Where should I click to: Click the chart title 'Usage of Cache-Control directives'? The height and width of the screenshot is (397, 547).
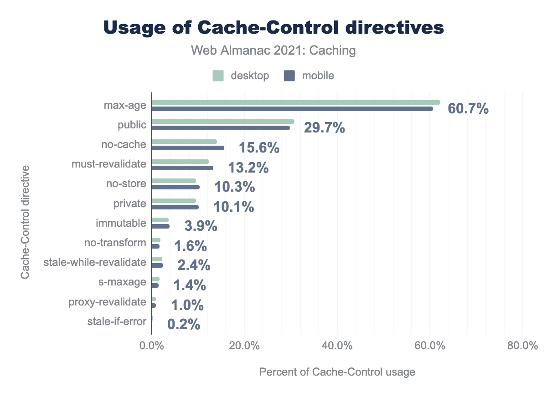pyautogui.click(x=273, y=28)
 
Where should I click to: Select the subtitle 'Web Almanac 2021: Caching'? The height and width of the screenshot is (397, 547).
pyautogui.click(x=273, y=51)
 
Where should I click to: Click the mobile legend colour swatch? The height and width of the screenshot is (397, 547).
pyautogui.click(x=289, y=76)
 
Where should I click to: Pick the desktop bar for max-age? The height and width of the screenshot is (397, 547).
pyautogui.click(x=296, y=102)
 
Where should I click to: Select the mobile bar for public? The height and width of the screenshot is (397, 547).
pyautogui.click(x=221, y=128)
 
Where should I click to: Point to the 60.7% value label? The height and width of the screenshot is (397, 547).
pyautogui.click(x=468, y=109)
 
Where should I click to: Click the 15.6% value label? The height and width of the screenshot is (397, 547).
pyautogui.click(x=259, y=148)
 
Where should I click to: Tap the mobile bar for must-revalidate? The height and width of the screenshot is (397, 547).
pyautogui.click(x=182, y=168)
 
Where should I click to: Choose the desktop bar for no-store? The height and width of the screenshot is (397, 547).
pyautogui.click(x=174, y=181)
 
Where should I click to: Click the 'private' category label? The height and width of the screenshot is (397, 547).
pyautogui.click(x=130, y=204)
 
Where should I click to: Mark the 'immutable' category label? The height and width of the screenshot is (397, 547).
pyautogui.click(x=121, y=224)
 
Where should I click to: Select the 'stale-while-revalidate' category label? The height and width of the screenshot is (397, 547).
pyautogui.click(x=95, y=263)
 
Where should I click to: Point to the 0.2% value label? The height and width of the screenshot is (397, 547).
pyautogui.click(x=184, y=324)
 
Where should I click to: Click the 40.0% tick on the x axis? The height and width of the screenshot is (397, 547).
pyautogui.click(x=337, y=346)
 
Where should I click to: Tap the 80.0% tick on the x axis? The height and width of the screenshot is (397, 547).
pyautogui.click(x=523, y=346)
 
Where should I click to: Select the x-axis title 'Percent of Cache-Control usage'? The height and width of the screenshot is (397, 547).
pyautogui.click(x=337, y=372)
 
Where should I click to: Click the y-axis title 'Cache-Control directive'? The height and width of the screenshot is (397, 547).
pyautogui.click(x=26, y=222)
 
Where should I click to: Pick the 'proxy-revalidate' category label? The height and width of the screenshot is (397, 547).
pyautogui.click(x=107, y=302)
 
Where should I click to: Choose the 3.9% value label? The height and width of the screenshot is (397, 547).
pyautogui.click(x=201, y=226)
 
